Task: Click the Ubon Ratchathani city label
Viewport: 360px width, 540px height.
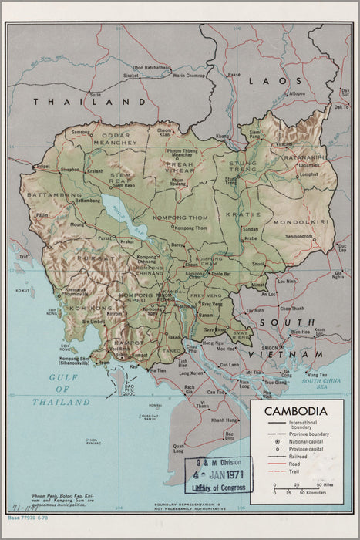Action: pos(151,67)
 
